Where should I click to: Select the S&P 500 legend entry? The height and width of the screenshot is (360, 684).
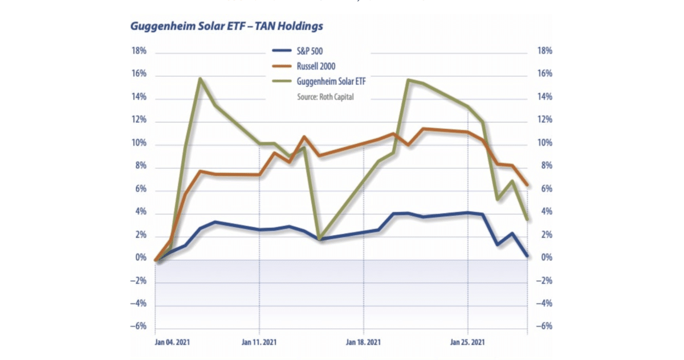pyautogui.click(x=310, y=51)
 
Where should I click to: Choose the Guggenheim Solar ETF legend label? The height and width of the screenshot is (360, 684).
pyautogui.click(x=331, y=81)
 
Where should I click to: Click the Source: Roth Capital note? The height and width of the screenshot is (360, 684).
pyautogui.click(x=325, y=97)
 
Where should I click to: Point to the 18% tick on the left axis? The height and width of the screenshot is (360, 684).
pyautogui.click(x=139, y=51)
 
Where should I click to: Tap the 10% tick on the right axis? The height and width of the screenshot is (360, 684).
pyautogui.click(x=545, y=144)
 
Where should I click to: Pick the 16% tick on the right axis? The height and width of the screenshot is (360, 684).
pyautogui.click(x=545, y=74)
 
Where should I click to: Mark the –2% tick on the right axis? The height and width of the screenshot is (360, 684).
pyautogui.click(x=545, y=281)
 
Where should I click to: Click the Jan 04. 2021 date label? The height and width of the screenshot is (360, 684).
pyautogui.click(x=172, y=342)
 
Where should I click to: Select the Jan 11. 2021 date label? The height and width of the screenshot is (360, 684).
pyautogui.click(x=260, y=342)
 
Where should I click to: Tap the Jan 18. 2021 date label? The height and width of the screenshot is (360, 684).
pyautogui.click(x=363, y=342)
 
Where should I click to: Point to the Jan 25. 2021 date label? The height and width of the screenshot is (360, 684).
pyautogui.click(x=468, y=342)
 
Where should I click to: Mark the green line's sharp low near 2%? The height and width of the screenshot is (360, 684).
pyautogui.click(x=320, y=238)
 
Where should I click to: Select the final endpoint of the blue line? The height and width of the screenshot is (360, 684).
pyautogui.click(x=527, y=256)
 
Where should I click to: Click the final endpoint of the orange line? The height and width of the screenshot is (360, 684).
pyautogui.click(x=527, y=185)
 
